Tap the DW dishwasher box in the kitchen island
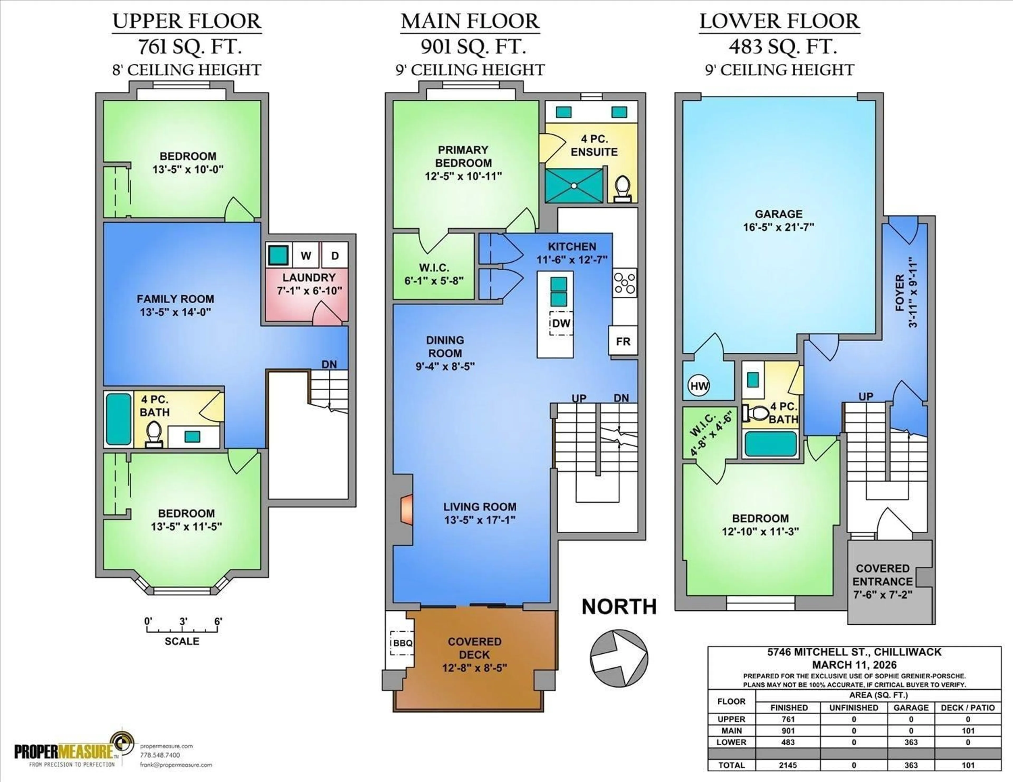(561, 323)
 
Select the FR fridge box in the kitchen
(623, 341)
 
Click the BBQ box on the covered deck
(402, 643)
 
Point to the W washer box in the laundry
(306, 255)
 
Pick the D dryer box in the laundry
(335, 255)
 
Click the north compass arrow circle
(619, 658)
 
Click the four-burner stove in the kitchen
(625, 283)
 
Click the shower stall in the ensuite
(574, 185)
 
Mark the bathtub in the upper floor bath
(119, 419)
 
